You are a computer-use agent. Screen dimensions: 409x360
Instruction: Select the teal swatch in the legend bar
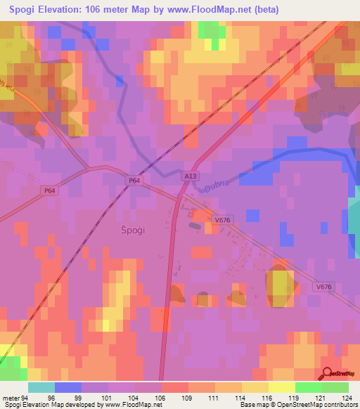tap(41, 387)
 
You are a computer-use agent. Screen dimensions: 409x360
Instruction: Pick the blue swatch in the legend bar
tap(68, 387)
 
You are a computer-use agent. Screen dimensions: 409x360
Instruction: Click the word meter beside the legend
tap(10, 397)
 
